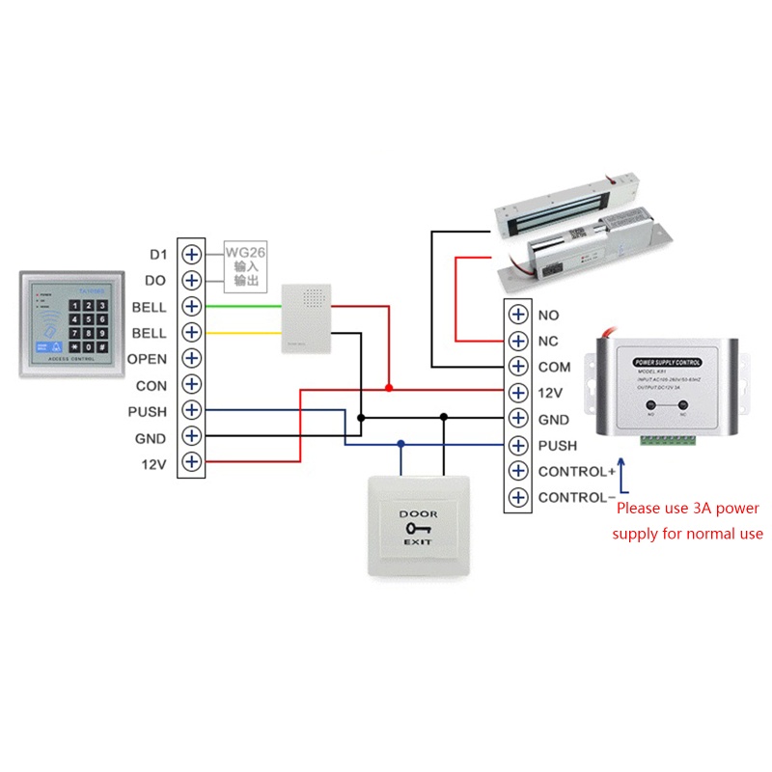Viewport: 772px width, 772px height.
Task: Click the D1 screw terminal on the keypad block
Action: pyautogui.click(x=192, y=255)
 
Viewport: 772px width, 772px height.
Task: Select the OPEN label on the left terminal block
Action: pyautogui.click(x=148, y=359)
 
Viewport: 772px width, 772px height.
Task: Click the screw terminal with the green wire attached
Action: pyautogui.click(x=192, y=307)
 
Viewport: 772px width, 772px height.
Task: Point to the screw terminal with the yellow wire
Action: pyautogui.click(x=192, y=333)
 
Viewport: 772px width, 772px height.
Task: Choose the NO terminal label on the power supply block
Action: pyautogui.click(x=548, y=315)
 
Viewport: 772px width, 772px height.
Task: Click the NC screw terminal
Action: pyautogui.click(x=518, y=341)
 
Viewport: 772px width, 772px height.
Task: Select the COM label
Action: pyautogui.click(x=554, y=368)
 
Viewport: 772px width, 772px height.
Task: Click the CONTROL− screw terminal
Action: pyautogui.click(x=518, y=498)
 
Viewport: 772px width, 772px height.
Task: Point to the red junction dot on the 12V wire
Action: pyautogui.click(x=388, y=387)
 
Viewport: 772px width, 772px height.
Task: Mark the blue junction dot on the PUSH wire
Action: pyautogui.click(x=400, y=445)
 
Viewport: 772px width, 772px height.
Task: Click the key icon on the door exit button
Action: pyautogui.click(x=419, y=530)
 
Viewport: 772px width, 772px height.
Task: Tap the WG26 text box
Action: pyautogui.click(x=245, y=266)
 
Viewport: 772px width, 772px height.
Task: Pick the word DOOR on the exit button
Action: pyautogui.click(x=419, y=513)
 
